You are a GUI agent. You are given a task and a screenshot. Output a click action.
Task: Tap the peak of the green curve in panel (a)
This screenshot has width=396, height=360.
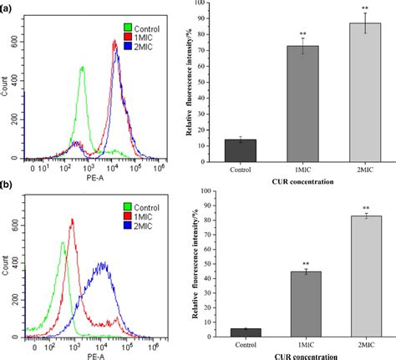pos(83,68)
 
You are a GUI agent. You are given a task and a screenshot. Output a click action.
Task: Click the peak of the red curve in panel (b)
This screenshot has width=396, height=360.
pos(73,220)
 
